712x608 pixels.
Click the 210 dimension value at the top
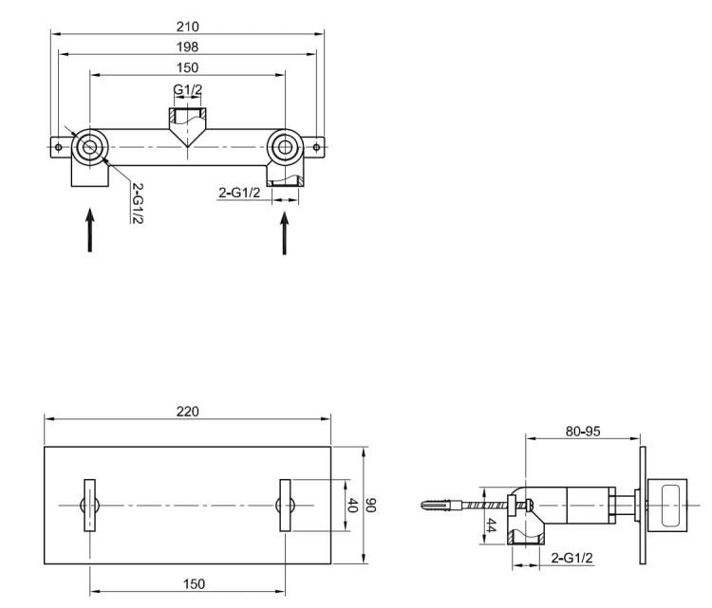188,28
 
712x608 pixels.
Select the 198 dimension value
188,47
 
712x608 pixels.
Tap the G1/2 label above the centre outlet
188,91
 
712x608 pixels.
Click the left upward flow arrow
90,230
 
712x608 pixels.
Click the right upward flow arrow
284,231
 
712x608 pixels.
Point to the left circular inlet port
90,147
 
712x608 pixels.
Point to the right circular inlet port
284,147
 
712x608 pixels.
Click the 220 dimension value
188,412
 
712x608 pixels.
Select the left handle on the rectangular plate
90,506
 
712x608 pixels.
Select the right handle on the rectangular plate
284,506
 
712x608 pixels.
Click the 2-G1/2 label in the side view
572,559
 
